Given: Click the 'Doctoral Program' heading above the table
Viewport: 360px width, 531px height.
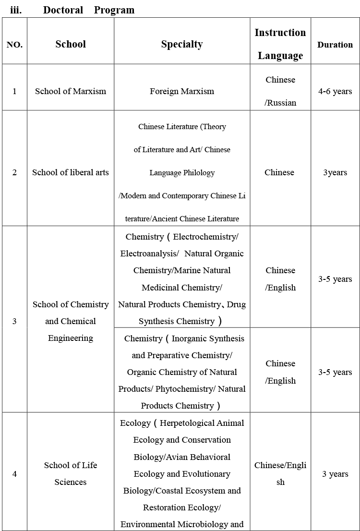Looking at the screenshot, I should [88, 10].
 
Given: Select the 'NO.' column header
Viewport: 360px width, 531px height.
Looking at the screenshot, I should [14, 45].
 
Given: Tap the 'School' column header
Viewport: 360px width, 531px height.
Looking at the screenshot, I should [71, 44].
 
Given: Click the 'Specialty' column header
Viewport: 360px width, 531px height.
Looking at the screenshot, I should [182, 44].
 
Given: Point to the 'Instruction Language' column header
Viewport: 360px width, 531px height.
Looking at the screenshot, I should [280, 44].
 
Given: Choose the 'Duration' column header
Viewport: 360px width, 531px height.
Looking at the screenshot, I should [335, 45].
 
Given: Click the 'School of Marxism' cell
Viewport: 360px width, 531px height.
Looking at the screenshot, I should [71, 91].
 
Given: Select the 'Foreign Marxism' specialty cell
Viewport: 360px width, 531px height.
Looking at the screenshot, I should [182, 91].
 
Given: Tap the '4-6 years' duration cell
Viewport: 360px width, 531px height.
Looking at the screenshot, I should [335, 91].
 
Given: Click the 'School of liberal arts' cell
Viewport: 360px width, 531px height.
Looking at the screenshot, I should [71, 172].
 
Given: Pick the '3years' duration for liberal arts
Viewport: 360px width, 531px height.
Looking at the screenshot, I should [335, 172].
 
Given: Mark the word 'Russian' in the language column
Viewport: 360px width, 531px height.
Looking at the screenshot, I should [282, 103].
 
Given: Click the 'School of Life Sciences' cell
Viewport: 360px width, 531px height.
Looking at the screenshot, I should [71, 473].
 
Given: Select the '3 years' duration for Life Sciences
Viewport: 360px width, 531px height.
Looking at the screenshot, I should [335, 474].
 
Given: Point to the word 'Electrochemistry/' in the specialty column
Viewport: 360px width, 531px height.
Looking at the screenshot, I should [205, 237].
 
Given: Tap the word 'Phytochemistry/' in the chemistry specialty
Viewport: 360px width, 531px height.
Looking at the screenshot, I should [184, 389].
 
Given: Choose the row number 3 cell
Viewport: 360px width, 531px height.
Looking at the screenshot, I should [14, 321].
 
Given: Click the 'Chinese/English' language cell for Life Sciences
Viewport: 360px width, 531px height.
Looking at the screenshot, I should [280, 473].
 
